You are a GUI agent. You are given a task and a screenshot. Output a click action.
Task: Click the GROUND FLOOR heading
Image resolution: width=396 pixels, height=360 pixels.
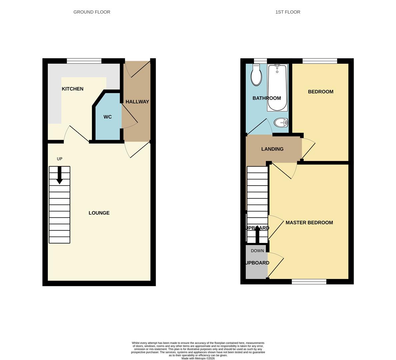pos(92,12)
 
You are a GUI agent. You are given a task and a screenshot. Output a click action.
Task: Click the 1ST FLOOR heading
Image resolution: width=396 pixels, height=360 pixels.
pos(288,12)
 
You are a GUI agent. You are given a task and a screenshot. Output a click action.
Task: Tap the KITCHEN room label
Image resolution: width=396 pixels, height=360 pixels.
pos(73,89)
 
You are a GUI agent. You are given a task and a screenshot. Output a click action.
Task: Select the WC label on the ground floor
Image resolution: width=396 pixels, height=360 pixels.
pos(108,117)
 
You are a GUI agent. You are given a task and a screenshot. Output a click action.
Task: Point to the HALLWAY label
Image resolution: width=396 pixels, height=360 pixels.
pos(137,102)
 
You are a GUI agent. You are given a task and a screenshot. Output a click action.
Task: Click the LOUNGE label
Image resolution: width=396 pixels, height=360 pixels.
pos(99,213)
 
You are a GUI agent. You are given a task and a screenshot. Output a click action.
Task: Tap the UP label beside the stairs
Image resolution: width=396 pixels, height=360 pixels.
pos(60,159)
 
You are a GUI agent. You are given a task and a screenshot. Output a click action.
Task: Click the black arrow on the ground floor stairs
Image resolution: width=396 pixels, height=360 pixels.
pos(60,175)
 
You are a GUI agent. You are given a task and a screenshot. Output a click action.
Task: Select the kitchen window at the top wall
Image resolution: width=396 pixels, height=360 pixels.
pos(84,61)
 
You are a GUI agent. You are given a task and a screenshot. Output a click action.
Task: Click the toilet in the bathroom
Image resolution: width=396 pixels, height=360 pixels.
pos(256,75)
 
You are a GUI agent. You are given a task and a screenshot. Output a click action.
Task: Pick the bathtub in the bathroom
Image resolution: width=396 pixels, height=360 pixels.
pos(277,88)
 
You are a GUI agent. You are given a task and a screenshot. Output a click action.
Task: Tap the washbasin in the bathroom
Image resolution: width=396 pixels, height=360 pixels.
pos(281,123)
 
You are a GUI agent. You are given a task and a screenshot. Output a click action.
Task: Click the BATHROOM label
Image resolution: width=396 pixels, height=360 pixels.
pos(267,98)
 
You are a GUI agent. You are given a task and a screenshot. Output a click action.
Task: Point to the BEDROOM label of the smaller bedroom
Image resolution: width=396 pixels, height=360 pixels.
pos(321,92)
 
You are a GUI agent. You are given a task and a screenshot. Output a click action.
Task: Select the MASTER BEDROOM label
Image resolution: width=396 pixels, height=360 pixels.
pos(309,223)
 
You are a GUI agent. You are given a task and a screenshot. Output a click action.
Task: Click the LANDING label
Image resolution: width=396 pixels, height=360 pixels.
pos(272,149)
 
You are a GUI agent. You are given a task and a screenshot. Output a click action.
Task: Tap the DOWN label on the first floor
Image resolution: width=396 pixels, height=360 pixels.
pos(257,251)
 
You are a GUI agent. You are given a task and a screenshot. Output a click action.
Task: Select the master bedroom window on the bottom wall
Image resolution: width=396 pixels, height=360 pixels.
pos(309,282)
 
